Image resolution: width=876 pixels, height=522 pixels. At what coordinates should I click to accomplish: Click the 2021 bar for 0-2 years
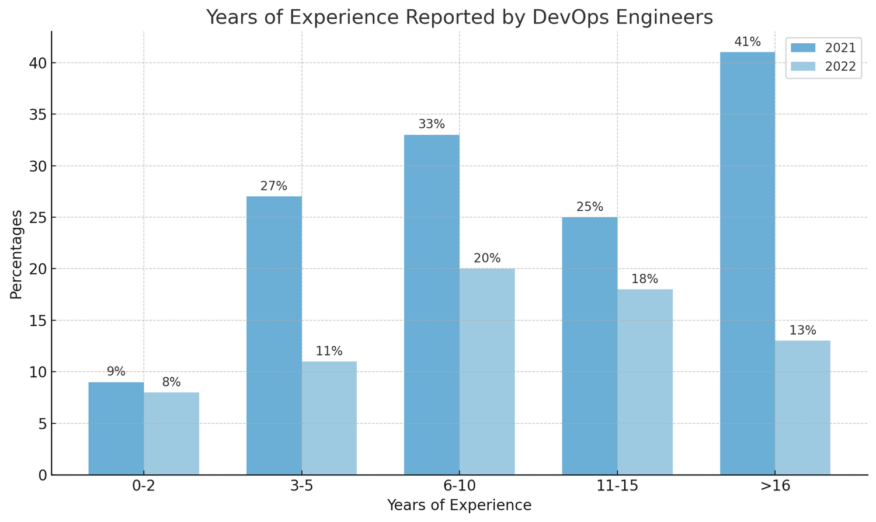click(x=116, y=429)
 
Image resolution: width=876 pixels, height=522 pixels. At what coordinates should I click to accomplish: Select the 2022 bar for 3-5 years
click(x=329, y=418)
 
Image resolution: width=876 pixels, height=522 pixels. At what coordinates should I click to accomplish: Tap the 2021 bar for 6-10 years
click(x=432, y=305)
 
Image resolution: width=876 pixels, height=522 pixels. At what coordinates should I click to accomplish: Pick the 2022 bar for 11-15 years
click(x=645, y=382)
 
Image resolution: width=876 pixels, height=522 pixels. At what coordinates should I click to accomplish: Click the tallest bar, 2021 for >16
click(x=748, y=263)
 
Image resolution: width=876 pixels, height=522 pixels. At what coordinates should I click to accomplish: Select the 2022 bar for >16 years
click(x=802, y=408)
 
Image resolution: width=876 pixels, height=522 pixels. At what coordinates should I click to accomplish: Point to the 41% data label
click(x=748, y=42)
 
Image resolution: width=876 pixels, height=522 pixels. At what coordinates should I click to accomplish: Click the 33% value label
click(x=432, y=124)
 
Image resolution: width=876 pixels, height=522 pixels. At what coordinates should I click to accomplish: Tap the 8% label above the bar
click(x=171, y=382)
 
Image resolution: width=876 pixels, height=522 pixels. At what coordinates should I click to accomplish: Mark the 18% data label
click(x=645, y=279)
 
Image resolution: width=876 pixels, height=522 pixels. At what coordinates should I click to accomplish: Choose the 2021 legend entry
click(x=823, y=48)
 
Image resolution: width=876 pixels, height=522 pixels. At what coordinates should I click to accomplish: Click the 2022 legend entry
click(x=823, y=67)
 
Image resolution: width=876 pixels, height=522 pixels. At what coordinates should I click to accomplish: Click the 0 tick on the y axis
click(x=43, y=475)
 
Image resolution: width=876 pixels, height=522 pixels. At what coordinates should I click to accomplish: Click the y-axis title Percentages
click(x=16, y=254)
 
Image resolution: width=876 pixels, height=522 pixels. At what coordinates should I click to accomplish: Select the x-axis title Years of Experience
click(x=459, y=506)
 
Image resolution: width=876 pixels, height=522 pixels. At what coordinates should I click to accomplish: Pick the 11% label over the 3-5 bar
click(x=329, y=352)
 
